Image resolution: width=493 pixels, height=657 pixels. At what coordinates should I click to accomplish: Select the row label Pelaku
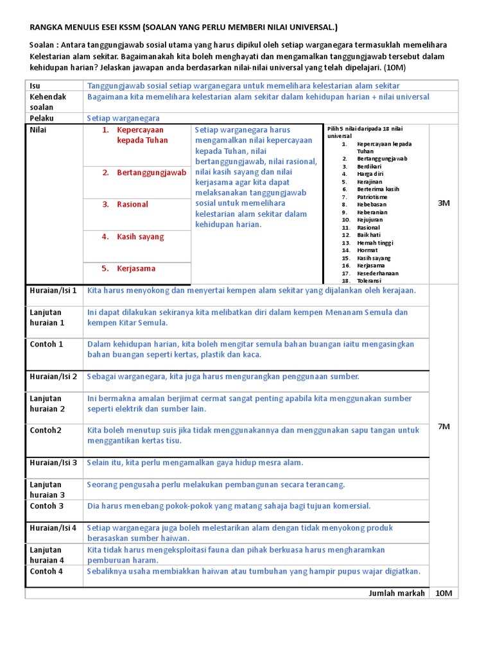coord(42,118)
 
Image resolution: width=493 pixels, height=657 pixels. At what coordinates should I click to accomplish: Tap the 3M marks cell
coord(444,203)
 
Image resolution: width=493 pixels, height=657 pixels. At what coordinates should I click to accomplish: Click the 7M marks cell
coord(444,426)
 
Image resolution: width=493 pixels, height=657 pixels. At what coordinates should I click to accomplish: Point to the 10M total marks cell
coord(444,593)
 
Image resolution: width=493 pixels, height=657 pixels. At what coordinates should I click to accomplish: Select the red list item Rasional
coord(132,204)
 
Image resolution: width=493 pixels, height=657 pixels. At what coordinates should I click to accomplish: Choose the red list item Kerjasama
coord(136,268)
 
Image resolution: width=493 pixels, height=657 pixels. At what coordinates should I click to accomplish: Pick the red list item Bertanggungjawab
coord(151,172)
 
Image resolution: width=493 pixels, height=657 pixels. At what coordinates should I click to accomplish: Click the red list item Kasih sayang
coord(140,236)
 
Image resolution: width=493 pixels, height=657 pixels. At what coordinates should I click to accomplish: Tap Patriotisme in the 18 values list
coord(376,197)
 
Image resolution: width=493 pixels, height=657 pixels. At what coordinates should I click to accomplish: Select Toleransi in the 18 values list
coord(373,281)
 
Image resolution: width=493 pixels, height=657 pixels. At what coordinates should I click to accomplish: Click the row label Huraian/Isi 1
coord(53,291)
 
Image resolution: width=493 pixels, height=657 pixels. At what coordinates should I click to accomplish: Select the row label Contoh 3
coord(47,506)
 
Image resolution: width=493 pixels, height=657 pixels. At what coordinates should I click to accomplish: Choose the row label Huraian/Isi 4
coord(53,528)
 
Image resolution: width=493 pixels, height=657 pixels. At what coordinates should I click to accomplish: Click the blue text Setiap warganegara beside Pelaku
coord(123,118)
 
